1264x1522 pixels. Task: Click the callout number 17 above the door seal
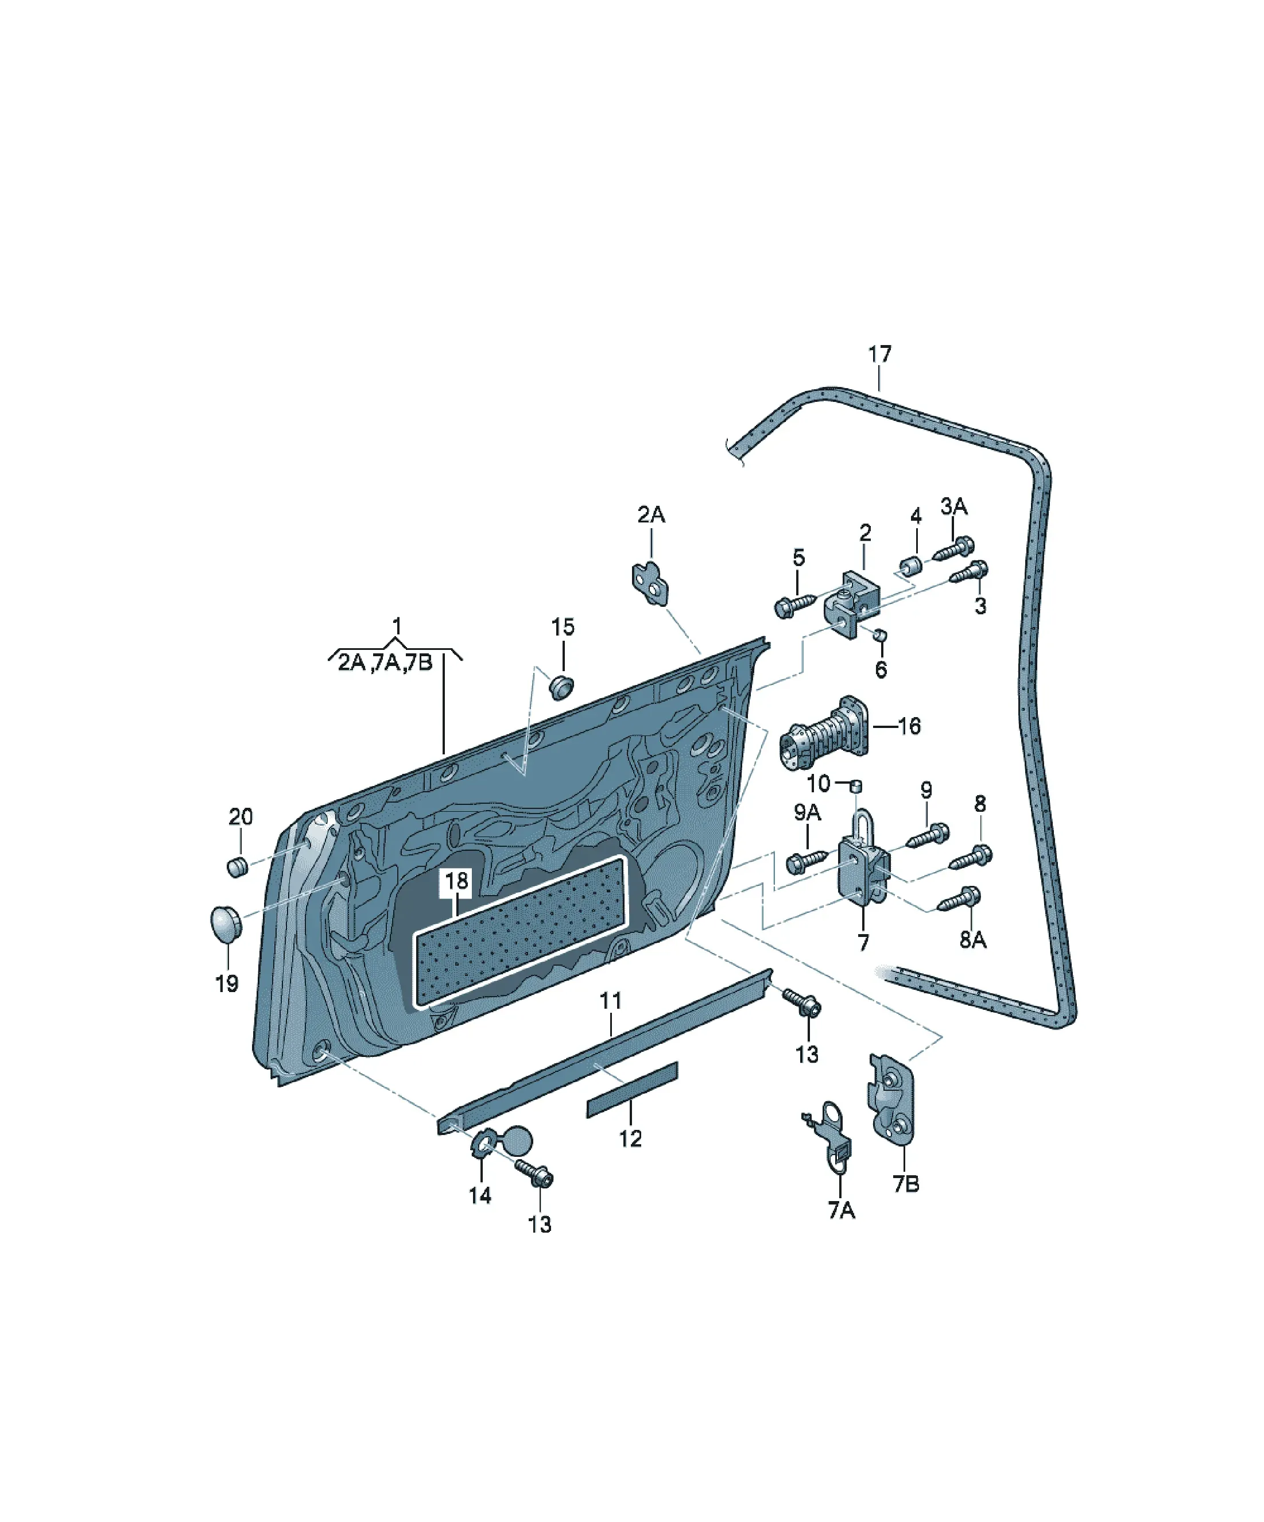point(879,355)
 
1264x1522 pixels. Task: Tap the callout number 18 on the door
point(456,881)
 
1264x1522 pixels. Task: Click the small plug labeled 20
point(238,866)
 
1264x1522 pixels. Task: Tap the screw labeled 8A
point(960,897)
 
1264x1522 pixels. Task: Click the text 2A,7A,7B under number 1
point(385,663)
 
